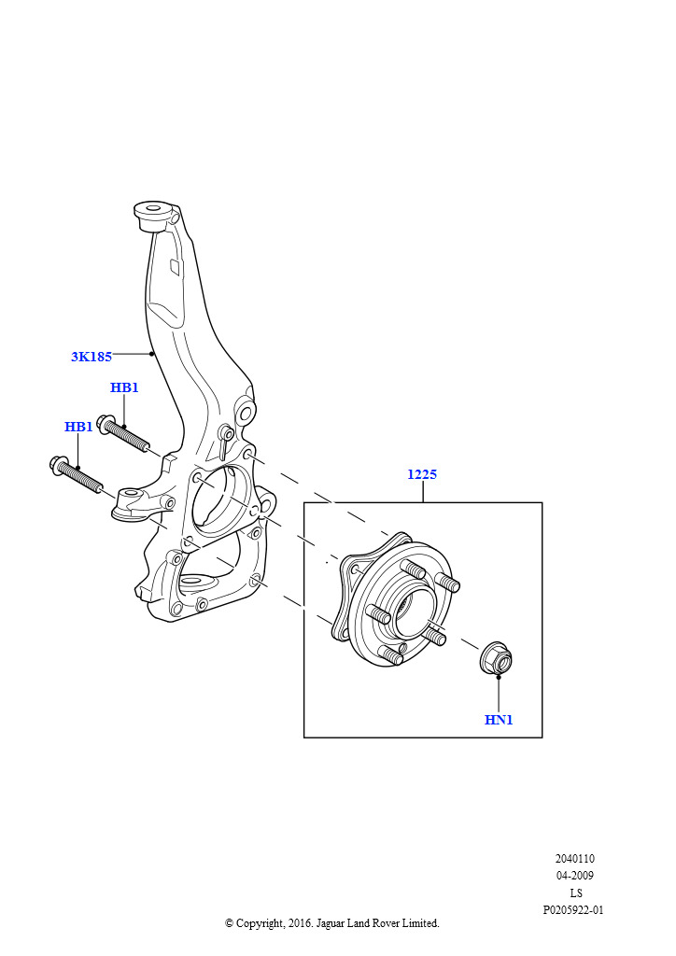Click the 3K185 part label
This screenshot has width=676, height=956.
click(x=92, y=357)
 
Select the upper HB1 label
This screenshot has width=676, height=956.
click(x=124, y=387)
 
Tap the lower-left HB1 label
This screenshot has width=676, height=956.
click(x=78, y=427)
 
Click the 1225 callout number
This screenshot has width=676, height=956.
click(x=422, y=474)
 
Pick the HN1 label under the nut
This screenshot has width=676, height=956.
click(x=499, y=720)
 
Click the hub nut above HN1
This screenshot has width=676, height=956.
click(x=497, y=658)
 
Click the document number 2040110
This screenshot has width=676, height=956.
click(x=575, y=859)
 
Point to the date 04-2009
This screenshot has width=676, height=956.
click(x=575, y=876)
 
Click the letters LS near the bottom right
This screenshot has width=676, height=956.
click(x=576, y=893)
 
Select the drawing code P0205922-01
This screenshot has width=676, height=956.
click(x=573, y=910)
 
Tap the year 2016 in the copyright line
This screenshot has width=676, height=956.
click(x=300, y=923)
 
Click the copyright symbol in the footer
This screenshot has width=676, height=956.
click(x=229, y=923)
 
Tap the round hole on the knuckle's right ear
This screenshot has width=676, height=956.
click(x=246, y=413)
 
